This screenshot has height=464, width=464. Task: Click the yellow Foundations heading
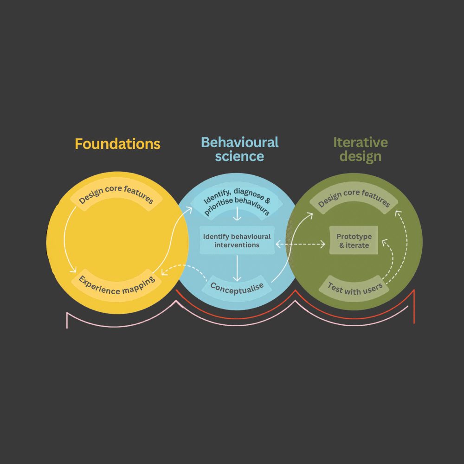click(x=117, y=144)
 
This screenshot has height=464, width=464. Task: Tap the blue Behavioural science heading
click(x=240, y=149)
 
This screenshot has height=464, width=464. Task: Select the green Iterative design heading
click(x=361, y=149)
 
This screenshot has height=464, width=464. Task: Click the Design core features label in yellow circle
click(x=116, y=194)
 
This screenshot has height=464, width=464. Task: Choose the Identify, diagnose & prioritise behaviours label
click(x=237, y=201)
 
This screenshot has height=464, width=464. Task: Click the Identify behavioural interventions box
click(x=237, y=240)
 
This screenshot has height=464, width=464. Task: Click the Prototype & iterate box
click(x=354, y=240)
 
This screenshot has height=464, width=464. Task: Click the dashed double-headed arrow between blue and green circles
click(x=300, y=245)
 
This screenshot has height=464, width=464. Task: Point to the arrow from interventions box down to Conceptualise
click(x=237, y=268)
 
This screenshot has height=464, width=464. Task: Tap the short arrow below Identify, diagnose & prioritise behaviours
click(x=237, y=214)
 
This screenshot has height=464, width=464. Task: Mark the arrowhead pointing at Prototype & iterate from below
click(x=385, y=243)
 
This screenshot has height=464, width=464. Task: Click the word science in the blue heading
click(x=239, y=156)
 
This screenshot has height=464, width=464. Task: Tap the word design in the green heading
click(x=361, y=157)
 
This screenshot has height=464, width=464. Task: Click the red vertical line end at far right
click(x=414, y=323)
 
